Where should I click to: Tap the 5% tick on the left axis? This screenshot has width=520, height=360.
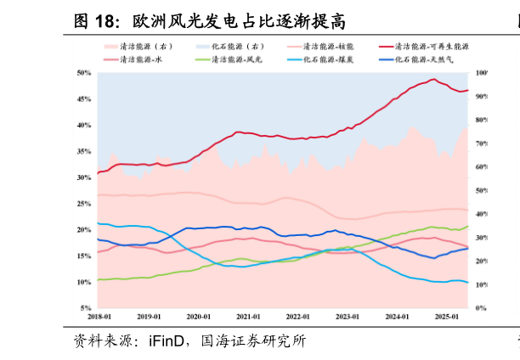click(86, 308)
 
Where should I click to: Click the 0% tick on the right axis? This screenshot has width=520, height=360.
click(480, 308)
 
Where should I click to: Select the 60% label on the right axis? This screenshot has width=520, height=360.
click(482, 167)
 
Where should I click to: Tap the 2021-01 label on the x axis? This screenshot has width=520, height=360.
click(248, 317)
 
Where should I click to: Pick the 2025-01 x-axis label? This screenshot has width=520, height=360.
click(447, 317)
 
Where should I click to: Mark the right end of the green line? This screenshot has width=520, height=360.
click(468, 227)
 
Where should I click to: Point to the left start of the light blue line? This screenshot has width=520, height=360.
click(98, 223)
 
